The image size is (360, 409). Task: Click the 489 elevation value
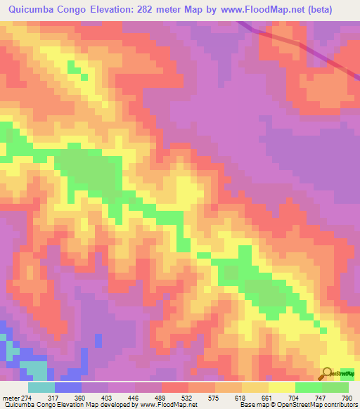coord(162,397)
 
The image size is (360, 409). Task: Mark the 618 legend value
coord(242,397)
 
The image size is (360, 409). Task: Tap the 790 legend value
coord(347,397)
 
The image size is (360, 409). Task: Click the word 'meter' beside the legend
coord(11,397)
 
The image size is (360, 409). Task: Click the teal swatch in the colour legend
coord(41,387)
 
